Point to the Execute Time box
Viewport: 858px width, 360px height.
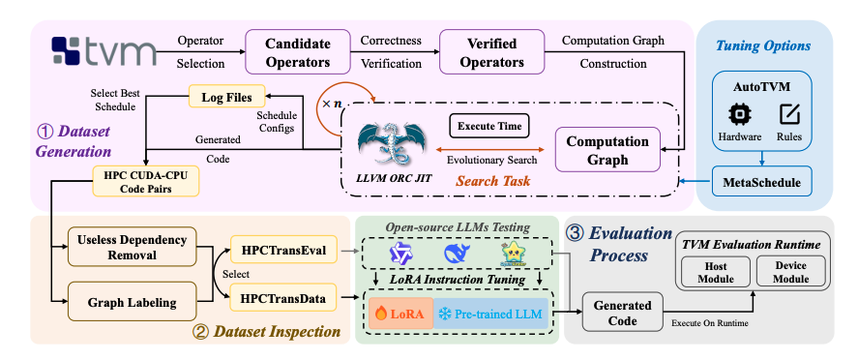(487, 125)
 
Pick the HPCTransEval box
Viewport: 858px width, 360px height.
(284, 251)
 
